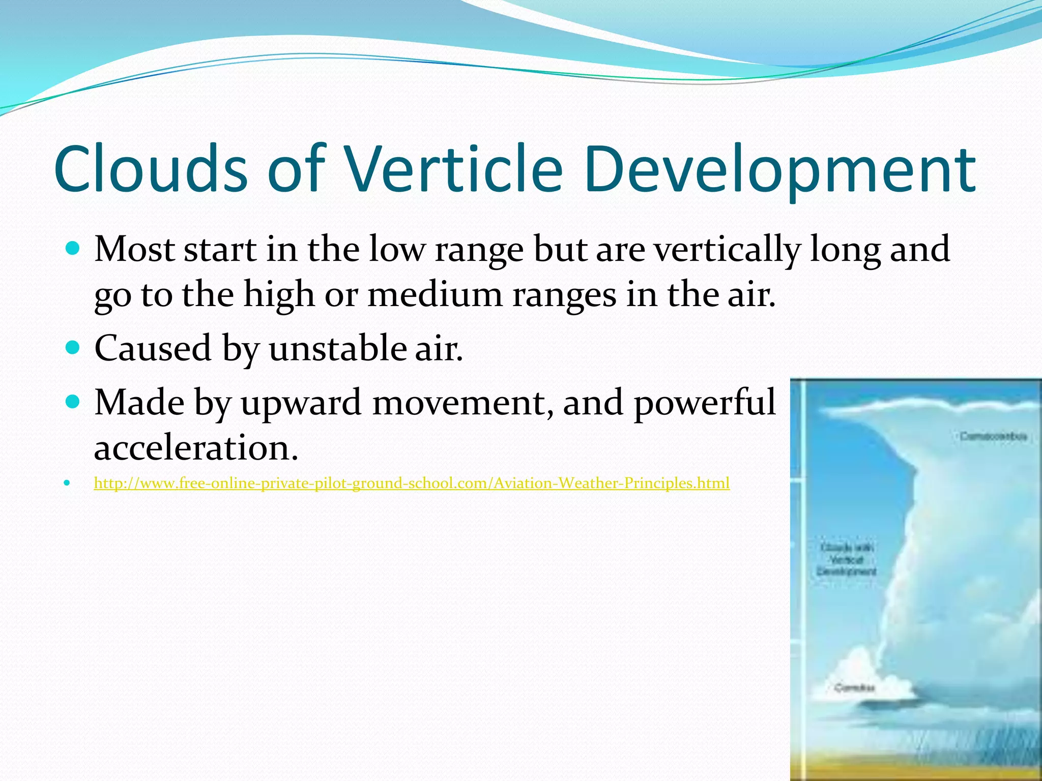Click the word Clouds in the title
point(151,169)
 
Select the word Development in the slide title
point(779,169)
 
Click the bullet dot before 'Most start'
point(73,249)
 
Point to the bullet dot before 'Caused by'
point(73,348)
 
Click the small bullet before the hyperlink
point(67,483)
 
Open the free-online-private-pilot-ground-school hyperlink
point(411,483)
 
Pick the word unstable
point(337,349)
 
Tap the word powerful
point(705,403)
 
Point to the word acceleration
point(196,448)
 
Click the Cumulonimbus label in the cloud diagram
point(993,436)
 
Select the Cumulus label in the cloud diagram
point(854,688)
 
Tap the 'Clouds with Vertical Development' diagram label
point(847,560)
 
